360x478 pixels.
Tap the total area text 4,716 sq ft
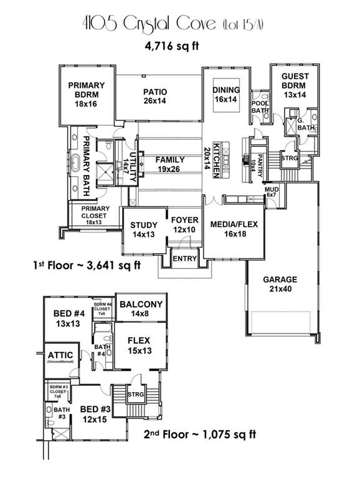coord(180,47)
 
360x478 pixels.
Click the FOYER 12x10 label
coord(184,225)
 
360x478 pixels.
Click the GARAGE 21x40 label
coord(279,284)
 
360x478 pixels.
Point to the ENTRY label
coord(185,258)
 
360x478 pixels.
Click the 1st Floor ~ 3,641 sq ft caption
coord(87,265)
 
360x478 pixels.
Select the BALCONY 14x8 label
coord(141,309)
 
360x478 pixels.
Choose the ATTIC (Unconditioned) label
coord(61,357)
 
